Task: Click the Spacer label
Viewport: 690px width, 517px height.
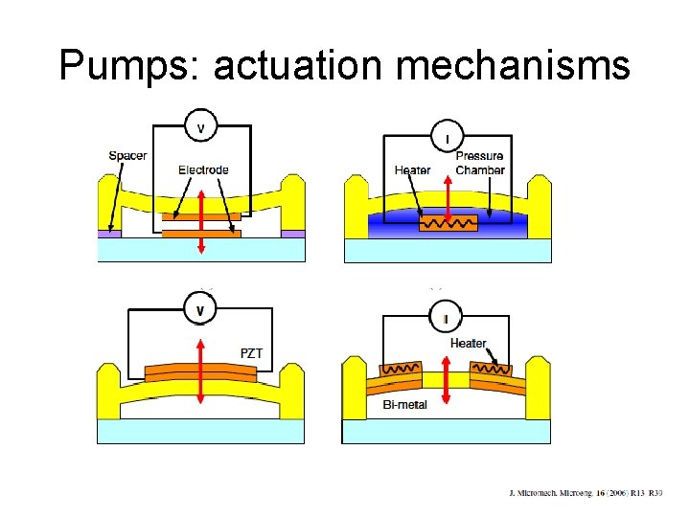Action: (128, 155)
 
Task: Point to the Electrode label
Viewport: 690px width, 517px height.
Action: (203, 170)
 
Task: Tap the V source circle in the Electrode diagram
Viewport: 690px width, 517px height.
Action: (200, 127)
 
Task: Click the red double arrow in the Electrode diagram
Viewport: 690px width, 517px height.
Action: (200, 220)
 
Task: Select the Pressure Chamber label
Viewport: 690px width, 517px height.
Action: (479, 163)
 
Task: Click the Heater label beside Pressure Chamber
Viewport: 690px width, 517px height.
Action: (413, 170)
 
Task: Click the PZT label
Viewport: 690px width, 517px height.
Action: (251, 353)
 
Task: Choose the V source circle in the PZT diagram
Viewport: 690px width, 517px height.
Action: (200, 310)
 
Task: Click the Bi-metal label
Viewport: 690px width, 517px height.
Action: (405, 405)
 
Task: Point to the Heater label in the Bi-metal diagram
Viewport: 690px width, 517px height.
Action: (468, 343)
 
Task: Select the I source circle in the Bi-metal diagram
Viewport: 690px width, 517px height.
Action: (447, 318)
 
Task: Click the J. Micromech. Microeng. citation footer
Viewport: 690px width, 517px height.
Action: (585, 493)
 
